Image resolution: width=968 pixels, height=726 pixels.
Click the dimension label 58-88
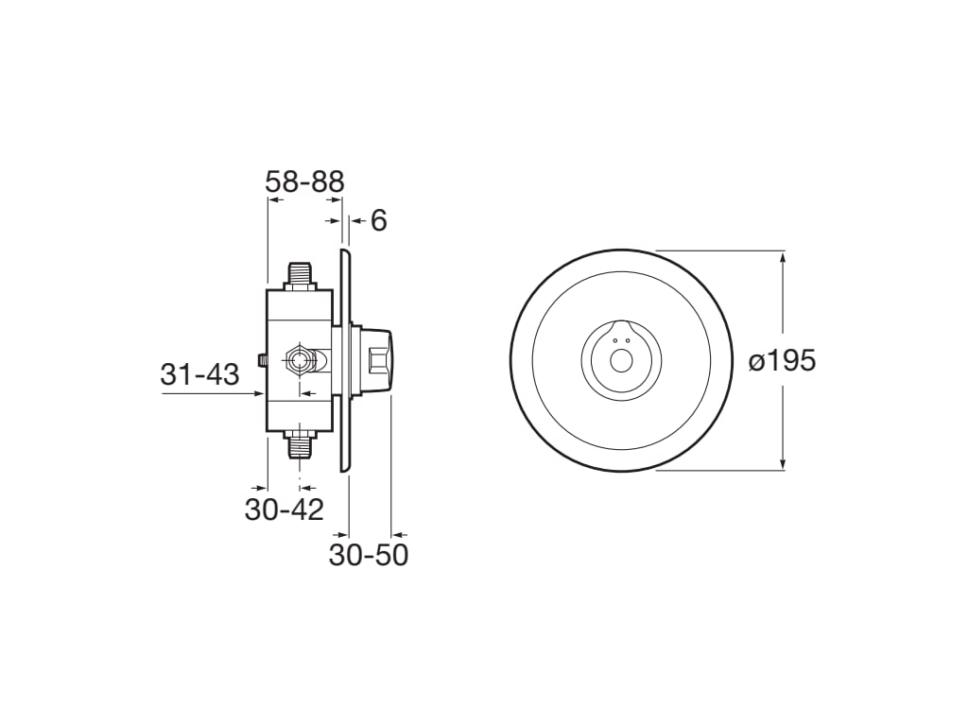(x=304, y=181)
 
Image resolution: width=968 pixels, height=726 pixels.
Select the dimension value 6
(x=378, y=220)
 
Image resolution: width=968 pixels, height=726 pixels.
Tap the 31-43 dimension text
(x=199, y=374)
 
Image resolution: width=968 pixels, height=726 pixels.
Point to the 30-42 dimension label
(x=284, y=510)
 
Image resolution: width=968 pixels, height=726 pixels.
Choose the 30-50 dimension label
(x=369, y=555)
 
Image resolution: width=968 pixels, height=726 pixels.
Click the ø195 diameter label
(x=782, y=360)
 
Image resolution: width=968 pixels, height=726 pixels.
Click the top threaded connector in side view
(x=300, y=276)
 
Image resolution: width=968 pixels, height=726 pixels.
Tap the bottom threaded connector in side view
(x=300, y=443)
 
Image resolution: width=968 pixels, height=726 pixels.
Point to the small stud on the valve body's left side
(x=262, y=360)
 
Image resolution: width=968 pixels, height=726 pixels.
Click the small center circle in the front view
(x=621, y=360)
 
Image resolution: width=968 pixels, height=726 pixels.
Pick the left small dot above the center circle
(x=615, y=340)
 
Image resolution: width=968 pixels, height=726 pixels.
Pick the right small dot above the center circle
(x=627, y=340)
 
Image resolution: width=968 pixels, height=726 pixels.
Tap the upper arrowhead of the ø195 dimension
(x=783, y=255)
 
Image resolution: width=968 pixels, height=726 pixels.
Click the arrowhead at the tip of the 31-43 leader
(x=261, y=394)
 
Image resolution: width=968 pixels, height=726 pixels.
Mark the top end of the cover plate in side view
(x=345, y=252)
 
